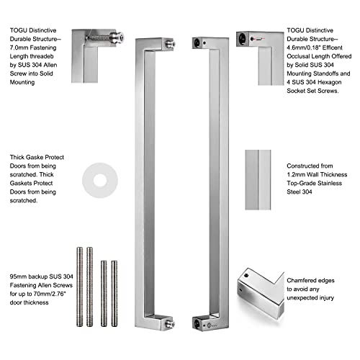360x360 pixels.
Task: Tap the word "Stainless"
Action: click(x=329, y=184)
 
